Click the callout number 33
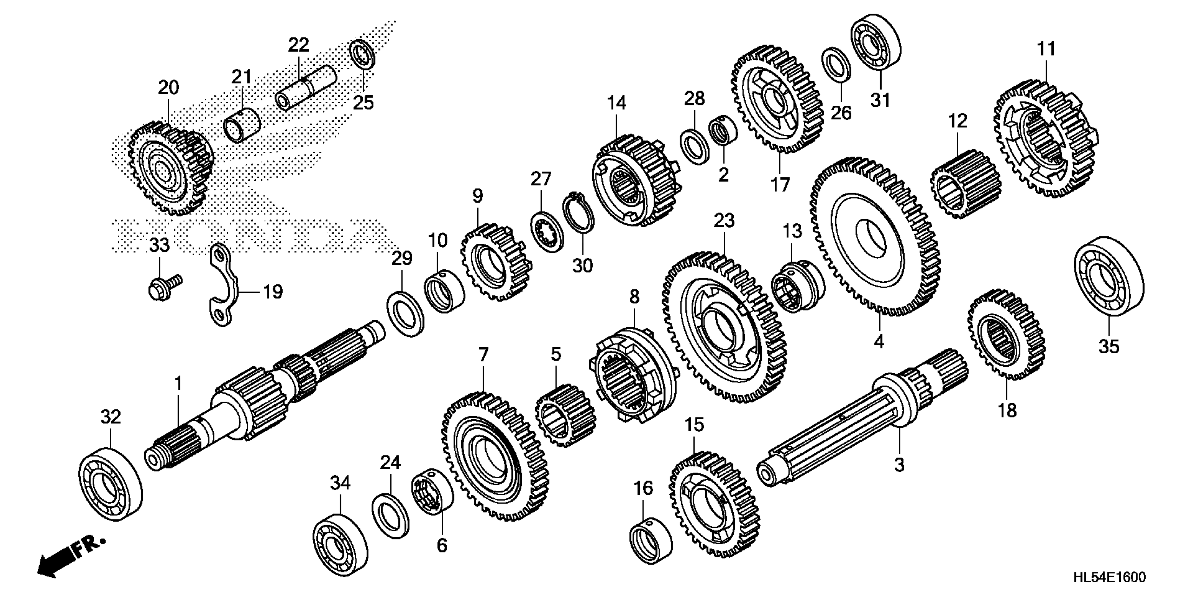pyautogui.click(x=159, y=245)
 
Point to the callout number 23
pyautogui.click(x=724, y=220)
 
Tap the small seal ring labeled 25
pyautogui.click(x=362, y=54)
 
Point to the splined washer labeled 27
pyautogui.click(x=547, y=230)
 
